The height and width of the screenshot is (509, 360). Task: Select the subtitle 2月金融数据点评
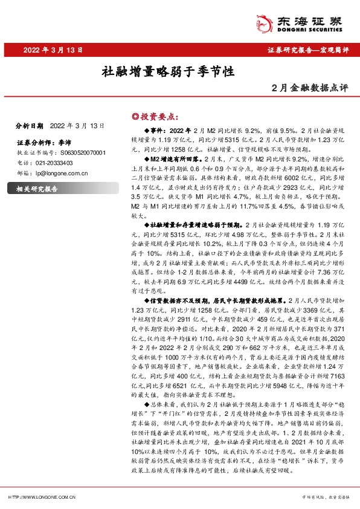pyautogui.click(x=310, y=88)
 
